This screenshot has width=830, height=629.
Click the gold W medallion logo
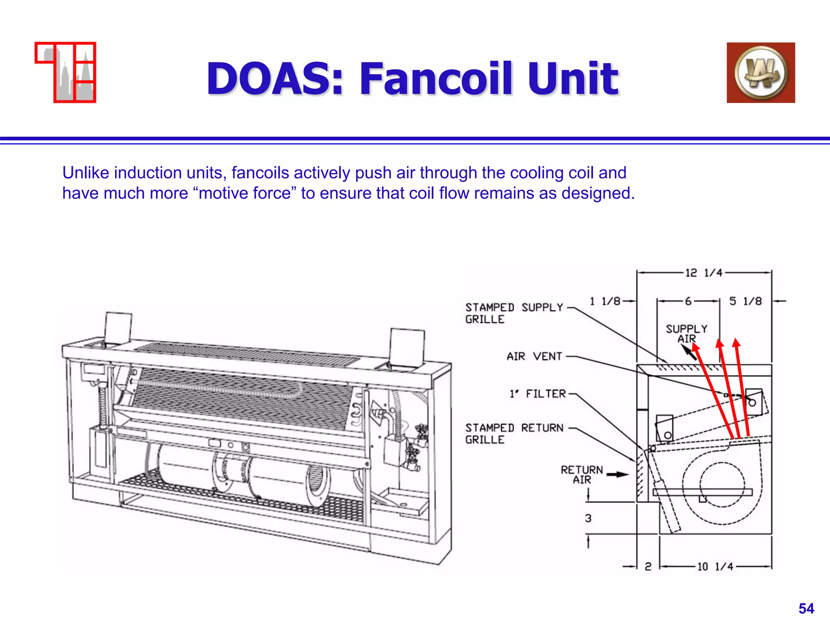tap(761, 73)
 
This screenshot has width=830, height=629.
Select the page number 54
tap(806, 608)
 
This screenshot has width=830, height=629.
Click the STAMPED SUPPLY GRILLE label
tap(513, 313)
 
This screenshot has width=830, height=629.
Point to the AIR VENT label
tap(534, 357)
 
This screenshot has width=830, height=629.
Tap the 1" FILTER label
tap(537, 394)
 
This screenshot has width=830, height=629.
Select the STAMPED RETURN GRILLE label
tap(514, 434)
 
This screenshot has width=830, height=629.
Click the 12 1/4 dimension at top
tap(704, 273)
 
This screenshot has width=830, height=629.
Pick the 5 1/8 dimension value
tap(745, 302)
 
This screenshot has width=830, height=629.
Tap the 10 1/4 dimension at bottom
tap(715, 567)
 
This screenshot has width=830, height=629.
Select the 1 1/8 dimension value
tap(605, 302)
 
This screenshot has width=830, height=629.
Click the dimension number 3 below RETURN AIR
tap(588, 518)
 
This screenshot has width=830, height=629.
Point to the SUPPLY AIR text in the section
tap(686, 334)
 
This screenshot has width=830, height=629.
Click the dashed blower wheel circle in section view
tap(722, 484)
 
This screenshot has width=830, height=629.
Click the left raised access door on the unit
tap(118, 327)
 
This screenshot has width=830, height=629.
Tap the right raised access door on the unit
tap(407, 347)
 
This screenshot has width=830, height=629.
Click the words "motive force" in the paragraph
tap(245, 193)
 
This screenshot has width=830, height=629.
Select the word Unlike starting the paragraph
tap(86, 173)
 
